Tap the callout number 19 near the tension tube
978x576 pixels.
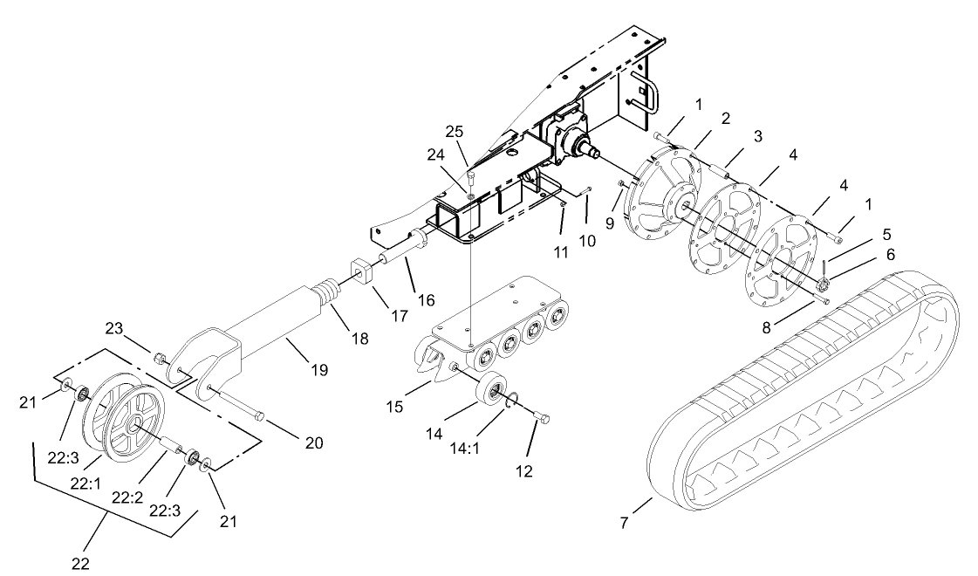coord(319,370)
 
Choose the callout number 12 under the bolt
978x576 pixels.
coord(523,471)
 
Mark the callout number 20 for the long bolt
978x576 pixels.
coord(313,443)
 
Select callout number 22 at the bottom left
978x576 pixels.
coord(80,563)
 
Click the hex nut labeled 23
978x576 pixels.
coord(160,359)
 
